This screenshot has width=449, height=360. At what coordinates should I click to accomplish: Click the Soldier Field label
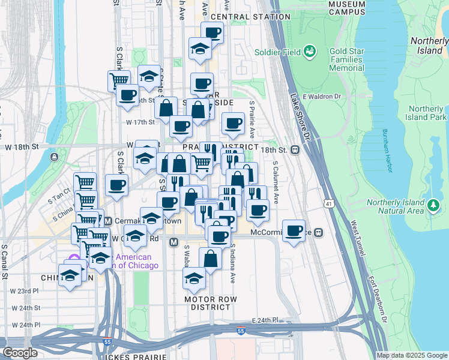pos(279,52)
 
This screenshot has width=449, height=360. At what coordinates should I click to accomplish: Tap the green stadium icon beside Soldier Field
pos(310,52)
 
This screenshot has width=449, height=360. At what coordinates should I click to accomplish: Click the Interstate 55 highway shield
pos(241,331)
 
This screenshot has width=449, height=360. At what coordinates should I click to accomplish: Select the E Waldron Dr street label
pos(322,97)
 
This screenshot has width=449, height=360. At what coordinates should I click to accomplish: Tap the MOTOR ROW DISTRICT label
pos(210,303)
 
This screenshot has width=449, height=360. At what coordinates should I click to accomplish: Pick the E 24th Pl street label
pos(266,320)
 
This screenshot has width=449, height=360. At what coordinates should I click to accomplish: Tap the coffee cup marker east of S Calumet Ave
pos(294,231)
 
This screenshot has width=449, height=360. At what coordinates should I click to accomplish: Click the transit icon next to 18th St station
pos(295,150)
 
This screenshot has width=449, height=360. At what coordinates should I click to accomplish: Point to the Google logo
pos(20,353)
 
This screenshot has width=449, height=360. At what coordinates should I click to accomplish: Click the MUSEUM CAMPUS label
pos(347,7)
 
